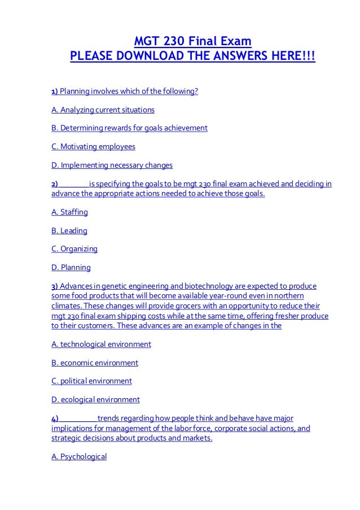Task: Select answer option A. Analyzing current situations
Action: pos(103,110)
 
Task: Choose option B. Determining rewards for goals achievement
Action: pos(129,128)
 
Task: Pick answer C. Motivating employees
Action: pos(93,147)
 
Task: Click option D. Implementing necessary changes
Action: pos(112,165)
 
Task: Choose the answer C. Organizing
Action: pos(74,249)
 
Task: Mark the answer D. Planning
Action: pos(71,268)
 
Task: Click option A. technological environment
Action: pos(101,343)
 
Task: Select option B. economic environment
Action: pos(94,362)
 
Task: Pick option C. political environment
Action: pos(91,381)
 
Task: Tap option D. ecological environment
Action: pos(95,399)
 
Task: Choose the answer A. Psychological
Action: pos(79,456)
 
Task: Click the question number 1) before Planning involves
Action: pos(55,91)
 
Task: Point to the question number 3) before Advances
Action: pos(55,286)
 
